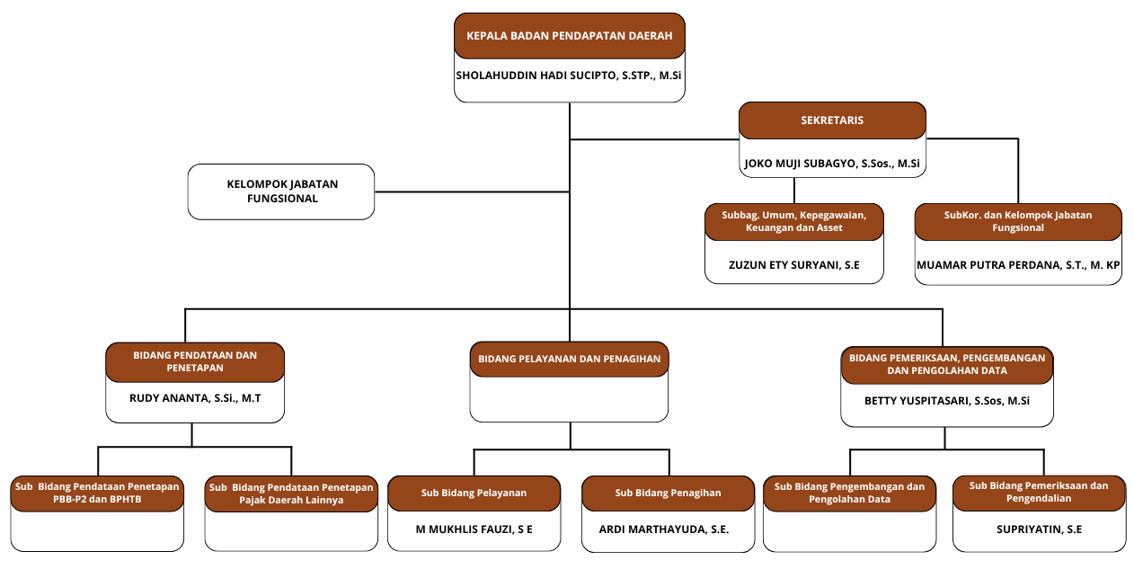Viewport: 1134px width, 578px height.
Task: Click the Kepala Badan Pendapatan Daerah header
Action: (x=570, y=37)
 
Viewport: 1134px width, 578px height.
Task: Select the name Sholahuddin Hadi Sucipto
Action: (x=570, y=76)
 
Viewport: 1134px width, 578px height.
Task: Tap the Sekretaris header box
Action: (x=831, y=120)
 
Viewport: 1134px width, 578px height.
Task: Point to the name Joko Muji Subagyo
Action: (x=831, y=164)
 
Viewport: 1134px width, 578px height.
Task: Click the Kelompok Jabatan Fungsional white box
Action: (x=281, y=191)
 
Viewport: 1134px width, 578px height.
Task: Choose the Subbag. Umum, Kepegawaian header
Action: (x=793, y=221)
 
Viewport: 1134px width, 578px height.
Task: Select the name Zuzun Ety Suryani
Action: (x=793, y=265)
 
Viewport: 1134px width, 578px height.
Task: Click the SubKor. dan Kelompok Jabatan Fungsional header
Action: (x=1018, y=221)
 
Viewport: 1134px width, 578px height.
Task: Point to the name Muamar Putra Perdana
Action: (x=1018, y=265)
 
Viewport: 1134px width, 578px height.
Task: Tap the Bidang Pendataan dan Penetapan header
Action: (x=195, y=361)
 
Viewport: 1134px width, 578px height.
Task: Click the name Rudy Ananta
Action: (x=195, y=398)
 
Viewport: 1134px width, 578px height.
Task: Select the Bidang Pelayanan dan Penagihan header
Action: (x=569, y=359)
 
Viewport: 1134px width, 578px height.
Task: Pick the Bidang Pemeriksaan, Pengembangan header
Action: (x=946, y=364)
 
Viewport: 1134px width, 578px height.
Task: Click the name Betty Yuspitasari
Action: (x=946, y=401)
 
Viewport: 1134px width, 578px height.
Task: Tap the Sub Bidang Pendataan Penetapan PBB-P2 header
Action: (x=97, y=494)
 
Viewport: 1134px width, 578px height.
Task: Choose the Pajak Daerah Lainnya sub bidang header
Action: (x=291, y=494)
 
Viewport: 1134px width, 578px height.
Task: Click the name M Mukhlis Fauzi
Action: (x=474, y=529)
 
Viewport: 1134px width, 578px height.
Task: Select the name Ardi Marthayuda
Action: (x=668, y=529)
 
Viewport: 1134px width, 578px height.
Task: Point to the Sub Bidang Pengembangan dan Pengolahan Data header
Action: (x=849, y=493)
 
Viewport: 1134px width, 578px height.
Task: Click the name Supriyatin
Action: (x=1039, y=529)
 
